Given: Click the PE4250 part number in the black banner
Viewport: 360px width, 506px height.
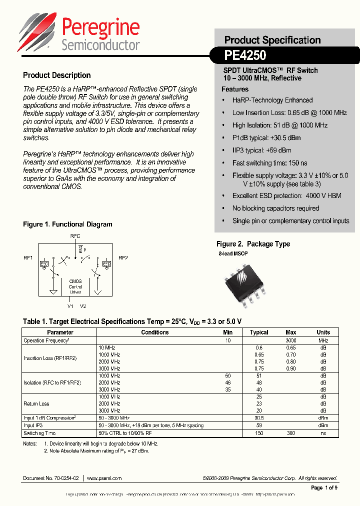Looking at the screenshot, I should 245,55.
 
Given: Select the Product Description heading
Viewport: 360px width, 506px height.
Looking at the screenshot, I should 56,75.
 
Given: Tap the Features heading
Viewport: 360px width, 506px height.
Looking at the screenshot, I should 234,89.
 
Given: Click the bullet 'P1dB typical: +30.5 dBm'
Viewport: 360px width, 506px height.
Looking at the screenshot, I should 266,137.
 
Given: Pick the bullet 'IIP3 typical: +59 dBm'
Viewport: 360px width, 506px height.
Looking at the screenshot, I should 261,150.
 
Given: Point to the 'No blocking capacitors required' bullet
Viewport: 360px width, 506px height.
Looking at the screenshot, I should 275,208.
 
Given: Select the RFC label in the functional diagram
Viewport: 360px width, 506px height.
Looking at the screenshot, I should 75,235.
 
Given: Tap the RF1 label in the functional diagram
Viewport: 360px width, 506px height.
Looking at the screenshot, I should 28,257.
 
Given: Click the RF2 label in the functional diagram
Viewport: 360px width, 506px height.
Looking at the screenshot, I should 123,257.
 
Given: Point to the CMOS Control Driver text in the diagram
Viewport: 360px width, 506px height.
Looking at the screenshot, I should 75,286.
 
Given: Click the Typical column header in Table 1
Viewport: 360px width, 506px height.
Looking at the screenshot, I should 259,332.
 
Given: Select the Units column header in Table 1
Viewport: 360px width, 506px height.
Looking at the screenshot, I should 323,332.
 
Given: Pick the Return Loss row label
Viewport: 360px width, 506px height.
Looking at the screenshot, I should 36,403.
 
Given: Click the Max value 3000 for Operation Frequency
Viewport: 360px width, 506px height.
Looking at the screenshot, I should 290,340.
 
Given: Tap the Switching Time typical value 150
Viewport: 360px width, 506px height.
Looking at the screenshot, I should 259,433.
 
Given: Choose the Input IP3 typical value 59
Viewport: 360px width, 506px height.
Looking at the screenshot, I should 259,425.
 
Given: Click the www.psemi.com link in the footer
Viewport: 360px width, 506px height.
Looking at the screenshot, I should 104,478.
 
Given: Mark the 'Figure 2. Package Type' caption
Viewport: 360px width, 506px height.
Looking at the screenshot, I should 253,244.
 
